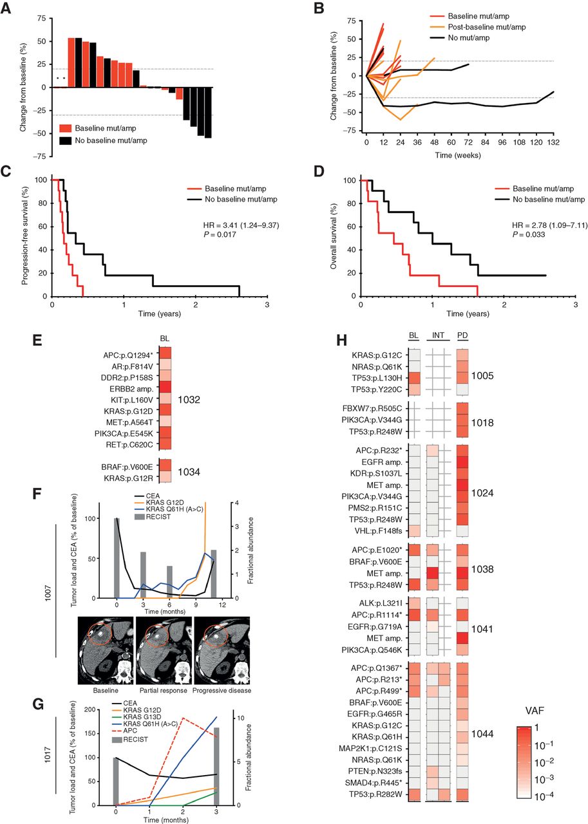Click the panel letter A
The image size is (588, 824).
pos(9,8)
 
